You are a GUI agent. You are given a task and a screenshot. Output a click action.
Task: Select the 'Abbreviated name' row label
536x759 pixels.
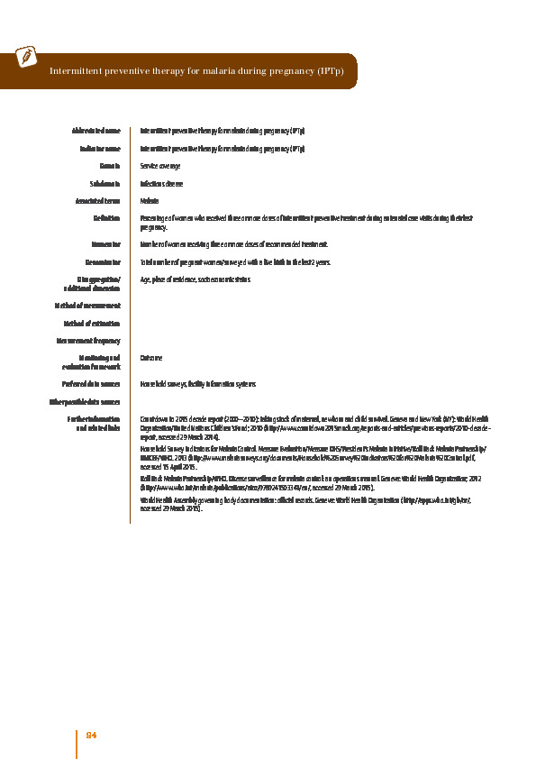click(95, 132)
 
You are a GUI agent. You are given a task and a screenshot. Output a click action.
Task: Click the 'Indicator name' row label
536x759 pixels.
click(99, 149)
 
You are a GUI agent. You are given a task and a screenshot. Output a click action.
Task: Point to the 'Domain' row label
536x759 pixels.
click(110, 167)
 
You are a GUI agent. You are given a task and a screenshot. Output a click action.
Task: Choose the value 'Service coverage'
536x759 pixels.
click(160, 167)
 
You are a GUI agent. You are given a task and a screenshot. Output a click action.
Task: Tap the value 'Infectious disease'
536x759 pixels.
click(162, 184)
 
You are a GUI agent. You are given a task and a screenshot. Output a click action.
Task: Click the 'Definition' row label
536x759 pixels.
click(107, 218)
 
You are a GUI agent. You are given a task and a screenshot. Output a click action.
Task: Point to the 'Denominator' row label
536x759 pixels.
click(102, 262)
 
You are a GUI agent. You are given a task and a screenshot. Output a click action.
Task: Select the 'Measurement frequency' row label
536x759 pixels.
click(88, 341)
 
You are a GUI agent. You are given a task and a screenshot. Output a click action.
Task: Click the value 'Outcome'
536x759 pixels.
click(151, 358)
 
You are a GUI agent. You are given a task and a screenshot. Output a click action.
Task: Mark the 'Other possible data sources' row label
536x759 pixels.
click(84, 402)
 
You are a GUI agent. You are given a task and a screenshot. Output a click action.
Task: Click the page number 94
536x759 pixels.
click(91, 736)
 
